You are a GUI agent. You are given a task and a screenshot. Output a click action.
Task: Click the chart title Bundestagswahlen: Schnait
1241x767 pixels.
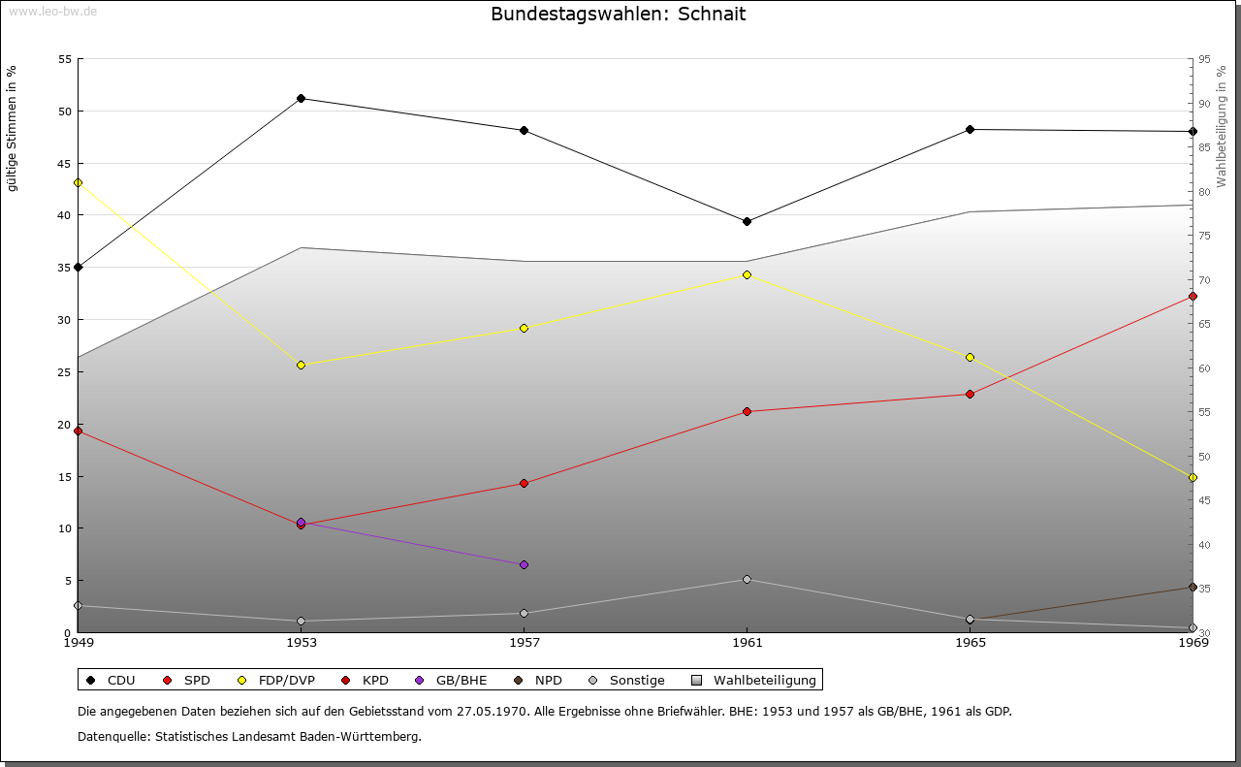tap(619, 14)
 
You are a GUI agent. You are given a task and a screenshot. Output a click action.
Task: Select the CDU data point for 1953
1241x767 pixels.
tap(302, 98)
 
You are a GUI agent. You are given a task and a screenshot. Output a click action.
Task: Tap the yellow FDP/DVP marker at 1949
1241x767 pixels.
tap(79, 182)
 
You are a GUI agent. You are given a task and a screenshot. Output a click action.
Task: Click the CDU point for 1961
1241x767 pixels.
tap(747, 222)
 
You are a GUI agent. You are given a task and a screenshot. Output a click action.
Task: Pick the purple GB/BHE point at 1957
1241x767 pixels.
tap(524, 564)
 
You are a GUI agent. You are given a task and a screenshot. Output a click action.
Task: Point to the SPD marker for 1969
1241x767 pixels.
tap(1193, 296)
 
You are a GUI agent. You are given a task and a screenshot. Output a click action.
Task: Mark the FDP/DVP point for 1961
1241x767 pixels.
tap(747, 274)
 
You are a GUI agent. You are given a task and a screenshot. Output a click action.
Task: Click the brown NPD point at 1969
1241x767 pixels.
tap(1193, 587)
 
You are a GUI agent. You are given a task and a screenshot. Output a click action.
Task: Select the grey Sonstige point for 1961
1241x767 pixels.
tap(747, 579)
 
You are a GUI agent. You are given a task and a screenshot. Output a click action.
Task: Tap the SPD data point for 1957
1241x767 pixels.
tap(524, 483)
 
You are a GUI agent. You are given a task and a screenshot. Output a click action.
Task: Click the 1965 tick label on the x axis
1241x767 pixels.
tap(970, 642)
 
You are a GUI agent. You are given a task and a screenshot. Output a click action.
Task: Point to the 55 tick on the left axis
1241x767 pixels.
tap(65, 59)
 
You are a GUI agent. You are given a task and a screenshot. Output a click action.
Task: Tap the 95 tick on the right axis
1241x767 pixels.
tap(1204, 59)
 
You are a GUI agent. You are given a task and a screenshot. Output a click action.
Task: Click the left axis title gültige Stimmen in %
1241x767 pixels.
tap(13, 128)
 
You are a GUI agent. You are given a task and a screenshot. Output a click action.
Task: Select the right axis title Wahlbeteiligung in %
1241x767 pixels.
tap(1222, 126)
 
